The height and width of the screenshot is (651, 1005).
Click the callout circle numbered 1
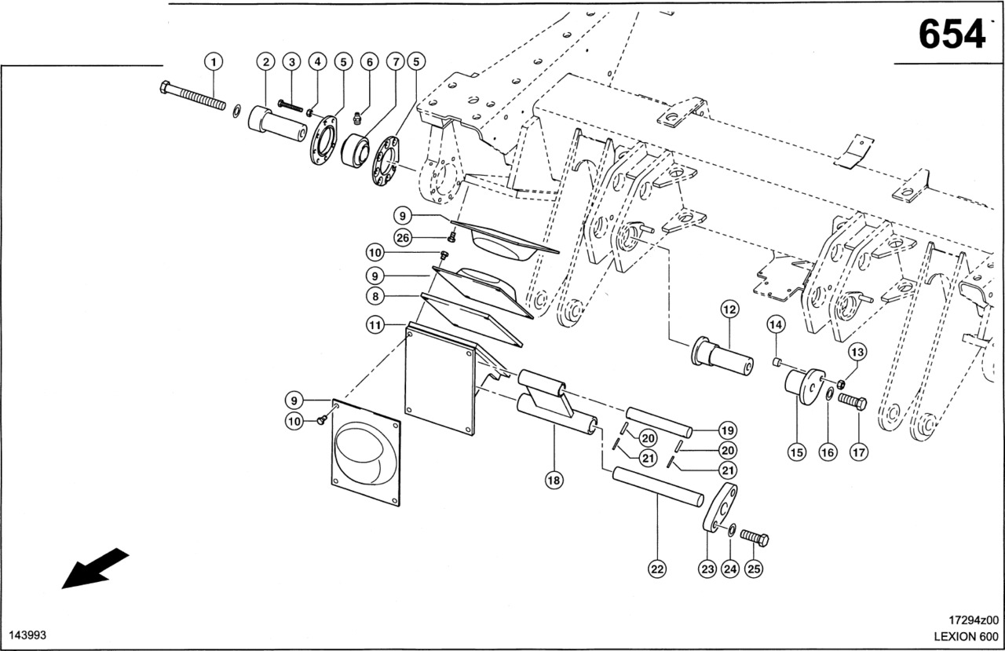(x=214, y=60)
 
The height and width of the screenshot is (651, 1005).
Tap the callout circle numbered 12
(x=729, y=310)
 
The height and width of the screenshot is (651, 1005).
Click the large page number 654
(x=951, y=34)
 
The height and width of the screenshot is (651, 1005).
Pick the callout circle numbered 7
(x=394, y=61)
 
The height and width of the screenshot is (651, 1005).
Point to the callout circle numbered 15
(x=798, y=452)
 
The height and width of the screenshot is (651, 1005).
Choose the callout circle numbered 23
(x=707, y=567)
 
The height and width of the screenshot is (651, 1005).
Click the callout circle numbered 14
(x=776, y=324)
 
